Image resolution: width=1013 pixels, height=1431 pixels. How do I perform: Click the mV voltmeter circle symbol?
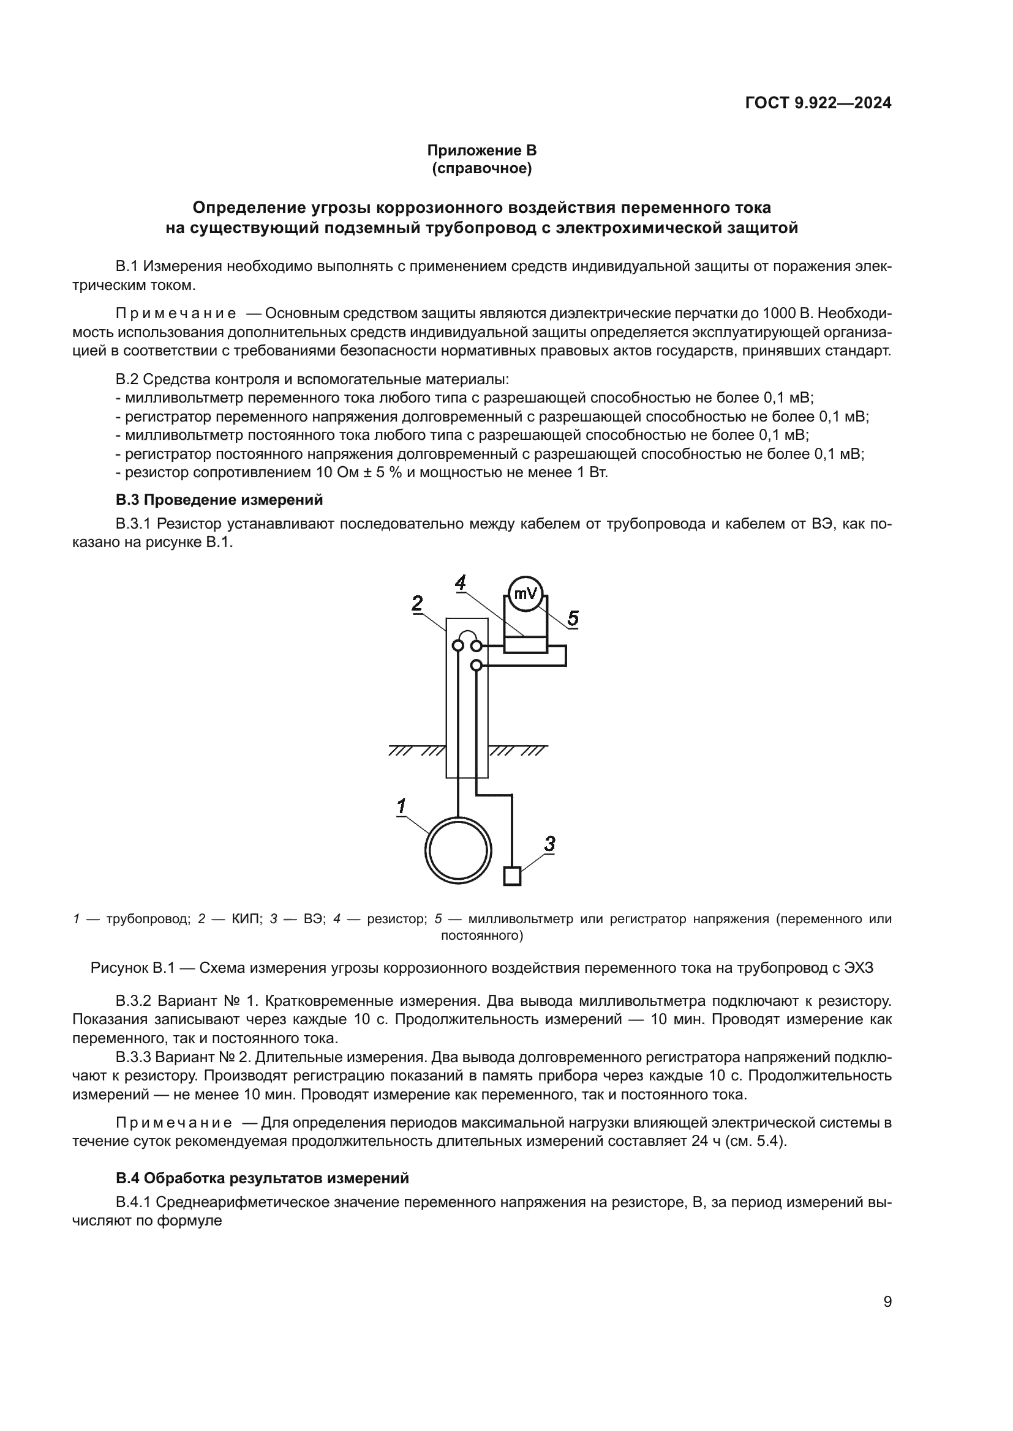525,593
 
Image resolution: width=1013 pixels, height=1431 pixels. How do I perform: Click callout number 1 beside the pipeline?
402,806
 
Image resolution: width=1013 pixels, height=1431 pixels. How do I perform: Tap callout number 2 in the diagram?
416,603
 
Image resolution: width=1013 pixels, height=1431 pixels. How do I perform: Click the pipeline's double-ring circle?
459,851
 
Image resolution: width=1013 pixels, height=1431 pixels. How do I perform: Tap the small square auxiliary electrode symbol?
511,876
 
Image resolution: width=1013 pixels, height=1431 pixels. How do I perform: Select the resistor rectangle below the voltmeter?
525,644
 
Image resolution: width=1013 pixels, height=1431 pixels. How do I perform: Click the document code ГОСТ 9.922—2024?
818,103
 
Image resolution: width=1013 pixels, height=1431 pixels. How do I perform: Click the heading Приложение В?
481,151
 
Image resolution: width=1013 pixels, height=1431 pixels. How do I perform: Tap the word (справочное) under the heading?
481,169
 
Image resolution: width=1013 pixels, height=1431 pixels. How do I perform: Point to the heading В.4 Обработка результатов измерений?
262,1178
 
